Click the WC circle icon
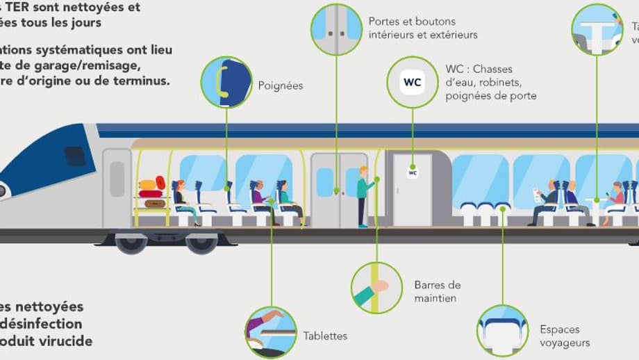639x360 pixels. point(412,82)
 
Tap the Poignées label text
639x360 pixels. point(281,86)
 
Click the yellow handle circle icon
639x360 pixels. point(226,82)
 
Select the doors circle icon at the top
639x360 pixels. point(336,29)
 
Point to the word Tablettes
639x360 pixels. point(325,336)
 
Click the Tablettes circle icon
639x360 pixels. point(271,332)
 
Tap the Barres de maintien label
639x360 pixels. point(437,292)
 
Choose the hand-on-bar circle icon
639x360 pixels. point(377,287)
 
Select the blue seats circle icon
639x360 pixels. point(503,332)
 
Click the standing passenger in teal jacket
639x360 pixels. point(363,197)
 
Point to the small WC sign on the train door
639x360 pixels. point(413,172)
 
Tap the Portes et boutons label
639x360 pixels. point(423,28)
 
